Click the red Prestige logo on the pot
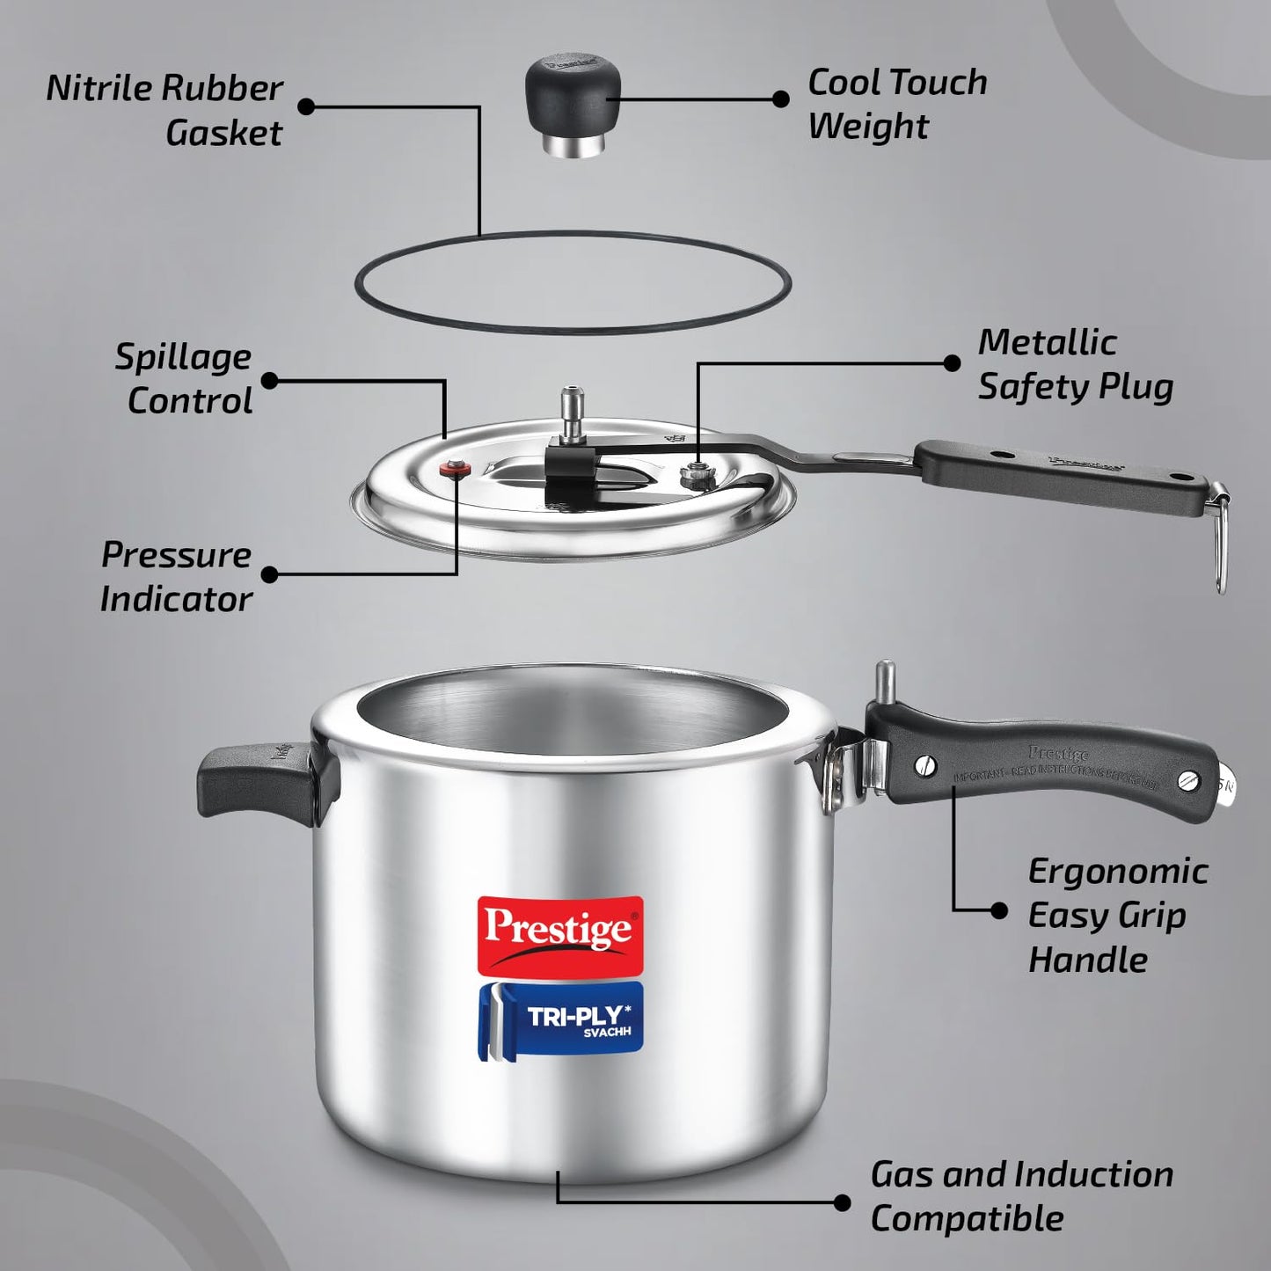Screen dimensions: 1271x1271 pos(559,934)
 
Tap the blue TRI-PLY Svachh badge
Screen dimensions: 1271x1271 pos(561,1020)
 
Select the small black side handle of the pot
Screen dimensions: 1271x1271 pos(255,779)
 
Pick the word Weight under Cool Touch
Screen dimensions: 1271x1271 pos(867,126)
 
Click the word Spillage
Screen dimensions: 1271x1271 pos(183,357)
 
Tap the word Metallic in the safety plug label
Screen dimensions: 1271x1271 pos(1047,342)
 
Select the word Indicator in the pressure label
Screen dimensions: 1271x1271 pos(176,599)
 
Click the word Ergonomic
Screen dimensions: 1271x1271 pos(1117,872)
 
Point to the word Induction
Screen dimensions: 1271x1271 pos(1092,1175)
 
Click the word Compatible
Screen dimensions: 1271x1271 pos(967,1219)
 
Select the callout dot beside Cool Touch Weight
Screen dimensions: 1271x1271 pos(780,99)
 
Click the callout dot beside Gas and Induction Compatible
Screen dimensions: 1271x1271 pos(842,1202)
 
